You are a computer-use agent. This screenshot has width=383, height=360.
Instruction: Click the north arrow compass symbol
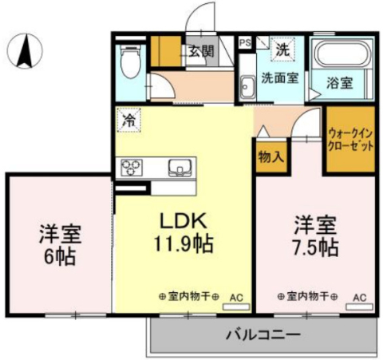click(x=25, y=51)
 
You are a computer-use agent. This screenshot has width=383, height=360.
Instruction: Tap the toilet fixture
click(x=130, y=61)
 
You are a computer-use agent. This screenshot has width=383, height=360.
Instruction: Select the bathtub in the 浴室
click(x=343, y=53)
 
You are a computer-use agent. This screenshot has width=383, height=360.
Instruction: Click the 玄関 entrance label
click(x=201, y=51)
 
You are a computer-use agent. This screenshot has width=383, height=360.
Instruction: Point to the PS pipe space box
click(x=245, y=42)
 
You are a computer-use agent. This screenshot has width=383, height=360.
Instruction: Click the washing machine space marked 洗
click(x=282, y=49)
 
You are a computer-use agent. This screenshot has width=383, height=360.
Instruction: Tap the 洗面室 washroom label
click(x=280, y=78)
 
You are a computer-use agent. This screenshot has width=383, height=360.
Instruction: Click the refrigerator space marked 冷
click(x=129, y=121)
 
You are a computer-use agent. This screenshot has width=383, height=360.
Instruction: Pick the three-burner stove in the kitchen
click(x=132, y=168)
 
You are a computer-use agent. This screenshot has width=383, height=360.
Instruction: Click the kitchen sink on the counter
click(x=180, y=168)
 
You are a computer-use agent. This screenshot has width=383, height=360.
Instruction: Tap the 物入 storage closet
click(x=271, y=156)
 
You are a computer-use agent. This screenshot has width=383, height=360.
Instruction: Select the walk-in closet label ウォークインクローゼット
click(x=350, y=140)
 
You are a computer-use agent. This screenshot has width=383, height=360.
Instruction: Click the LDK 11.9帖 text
click(x=184, y=232)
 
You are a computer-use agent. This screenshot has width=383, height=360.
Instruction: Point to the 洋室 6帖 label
click(x=60, y=245)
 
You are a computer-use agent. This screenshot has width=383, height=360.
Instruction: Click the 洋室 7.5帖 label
click(x=316, y=235)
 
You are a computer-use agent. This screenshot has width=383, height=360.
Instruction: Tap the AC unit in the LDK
click(x=236, y=307)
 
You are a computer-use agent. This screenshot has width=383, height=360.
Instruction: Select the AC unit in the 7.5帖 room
click(x=359, y=307)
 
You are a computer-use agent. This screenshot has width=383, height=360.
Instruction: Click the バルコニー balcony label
click(x=263, y=334)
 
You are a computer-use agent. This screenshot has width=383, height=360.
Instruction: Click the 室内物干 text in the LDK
click(x=189, y=296)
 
